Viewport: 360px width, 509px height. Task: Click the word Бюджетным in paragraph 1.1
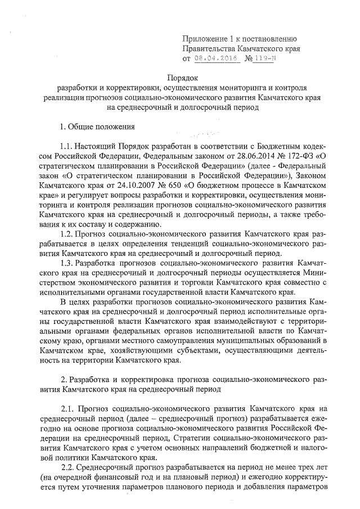273,146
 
